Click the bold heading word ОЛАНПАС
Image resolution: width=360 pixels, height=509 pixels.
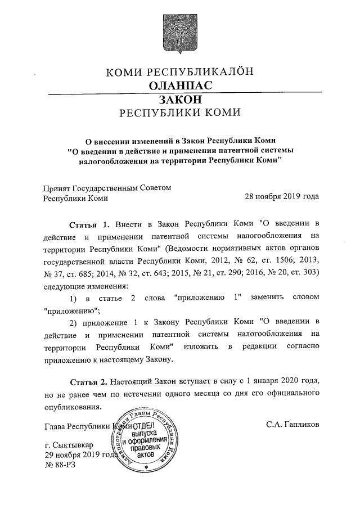(x=181, y=85)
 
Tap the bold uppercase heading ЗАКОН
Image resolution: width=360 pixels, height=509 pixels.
(x=180, y=99)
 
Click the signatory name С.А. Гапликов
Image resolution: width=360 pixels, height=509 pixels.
(x=292, y=425)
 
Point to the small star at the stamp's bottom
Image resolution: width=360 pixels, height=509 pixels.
(x=147, y=468)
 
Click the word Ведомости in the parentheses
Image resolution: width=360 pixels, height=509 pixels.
(x=188, y=249)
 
